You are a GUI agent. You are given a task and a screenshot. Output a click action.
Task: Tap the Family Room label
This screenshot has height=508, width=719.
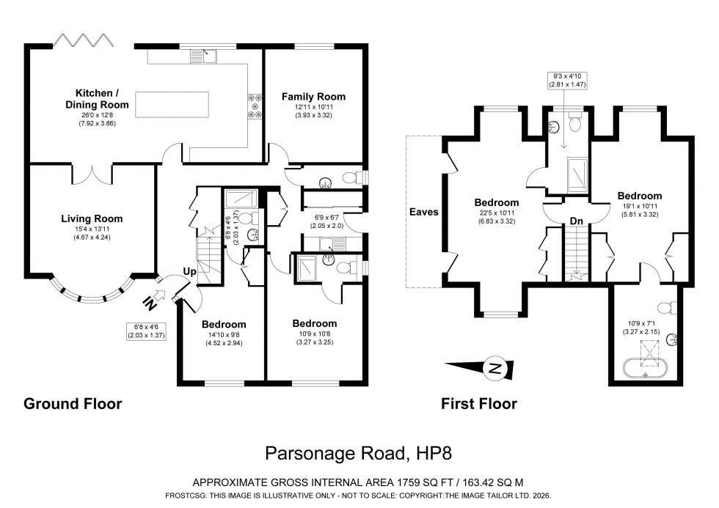(313, 97)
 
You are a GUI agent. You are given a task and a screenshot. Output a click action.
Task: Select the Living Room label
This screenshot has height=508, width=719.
(92, 218)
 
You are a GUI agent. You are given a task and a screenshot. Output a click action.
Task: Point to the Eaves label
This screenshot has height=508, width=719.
(425, 212)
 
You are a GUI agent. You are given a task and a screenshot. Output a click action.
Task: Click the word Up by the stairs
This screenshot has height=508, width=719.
(189, 272)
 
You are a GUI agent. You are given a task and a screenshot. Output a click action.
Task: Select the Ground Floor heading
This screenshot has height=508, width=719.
(73, 403)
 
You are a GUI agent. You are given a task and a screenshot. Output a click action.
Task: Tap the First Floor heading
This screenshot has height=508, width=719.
(478, 403)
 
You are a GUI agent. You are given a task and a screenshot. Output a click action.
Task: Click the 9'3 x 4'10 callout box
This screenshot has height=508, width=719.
(564, 80)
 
